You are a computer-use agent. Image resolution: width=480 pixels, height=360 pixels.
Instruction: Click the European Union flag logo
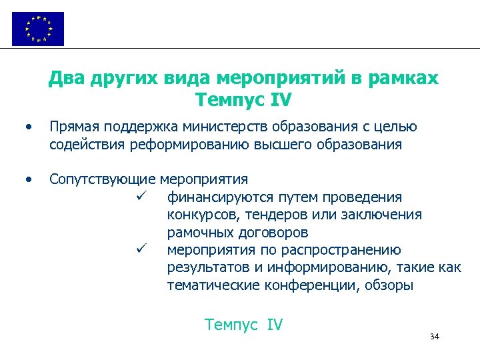(x=38, y=29)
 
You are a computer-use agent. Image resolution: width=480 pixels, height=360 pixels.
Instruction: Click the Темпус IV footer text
(x=244, y=325)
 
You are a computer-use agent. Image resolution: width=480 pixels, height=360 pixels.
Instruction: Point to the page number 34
(x=435, y=337)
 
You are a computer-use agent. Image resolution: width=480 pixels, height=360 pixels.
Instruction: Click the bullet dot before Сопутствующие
(x=27, y=179)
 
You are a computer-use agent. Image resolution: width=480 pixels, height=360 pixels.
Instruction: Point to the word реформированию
(x=201, y=144)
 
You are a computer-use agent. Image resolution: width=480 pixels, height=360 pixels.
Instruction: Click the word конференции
(x=319, y=286)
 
